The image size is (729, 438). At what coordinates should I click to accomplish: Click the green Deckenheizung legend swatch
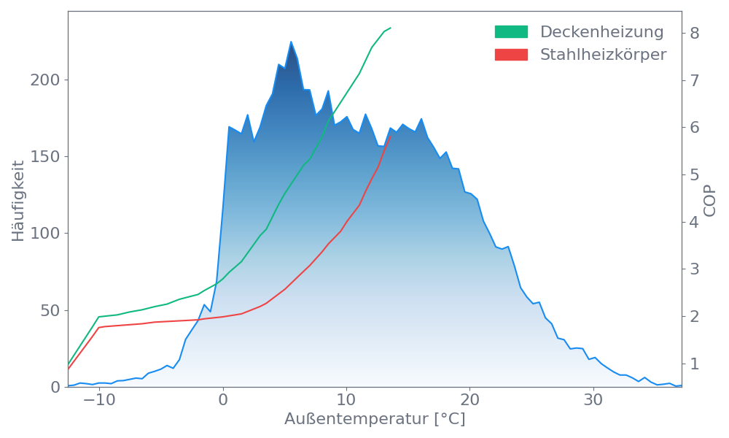pos(511,32)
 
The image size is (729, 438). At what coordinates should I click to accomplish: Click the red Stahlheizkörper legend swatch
pos(511,55)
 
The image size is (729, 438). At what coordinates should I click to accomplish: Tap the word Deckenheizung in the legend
pos(601,32)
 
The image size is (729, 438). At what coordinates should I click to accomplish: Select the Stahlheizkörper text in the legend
pos(603,55)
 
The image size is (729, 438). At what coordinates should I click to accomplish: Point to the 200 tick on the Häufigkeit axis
pos(45,80)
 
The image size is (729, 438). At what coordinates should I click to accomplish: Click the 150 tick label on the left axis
pos(45,157)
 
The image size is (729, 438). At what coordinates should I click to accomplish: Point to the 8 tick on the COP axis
pos(695,33)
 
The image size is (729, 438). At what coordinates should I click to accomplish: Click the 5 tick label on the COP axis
pos(695,174)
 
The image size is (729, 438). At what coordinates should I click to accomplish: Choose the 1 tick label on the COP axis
pos(695,364)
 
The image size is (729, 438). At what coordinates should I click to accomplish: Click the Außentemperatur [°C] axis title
pos(375,420)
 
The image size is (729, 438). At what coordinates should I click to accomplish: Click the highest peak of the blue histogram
pos(291,42)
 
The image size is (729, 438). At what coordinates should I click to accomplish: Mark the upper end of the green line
pos(391,28)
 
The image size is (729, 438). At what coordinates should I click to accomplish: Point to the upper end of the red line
pos(391,136)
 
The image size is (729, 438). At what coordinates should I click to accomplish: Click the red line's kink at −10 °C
pos(99,327)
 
